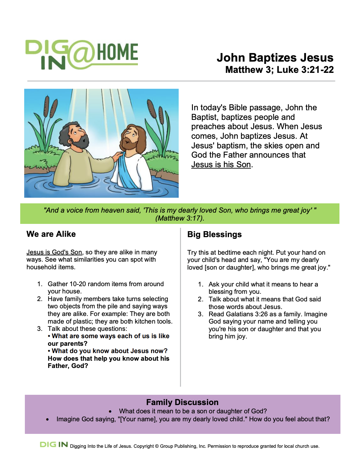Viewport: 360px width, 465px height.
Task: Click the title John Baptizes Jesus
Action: pyautogui.click(x=275, y=58)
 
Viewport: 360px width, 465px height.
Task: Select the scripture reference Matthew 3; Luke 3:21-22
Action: pyautogui.click(x=279, y=70)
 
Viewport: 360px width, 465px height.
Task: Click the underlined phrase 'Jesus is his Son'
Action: pyautogui.click(x=221, y=165)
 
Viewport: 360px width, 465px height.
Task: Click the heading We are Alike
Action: pyautogui.click(x=51, y=234)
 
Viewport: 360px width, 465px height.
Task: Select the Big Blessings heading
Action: pyautogui.click(x=214, y=234)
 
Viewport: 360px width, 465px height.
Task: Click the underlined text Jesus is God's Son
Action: pyautogui.click(x=54, y=252)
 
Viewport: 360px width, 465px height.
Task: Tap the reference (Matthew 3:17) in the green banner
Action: pyautogui.click(x=180, y=218)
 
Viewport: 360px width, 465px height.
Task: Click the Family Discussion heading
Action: pyautogui.click(x=182, y=402)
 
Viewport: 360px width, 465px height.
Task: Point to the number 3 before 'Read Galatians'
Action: pyautogui.click(x=200, y=314)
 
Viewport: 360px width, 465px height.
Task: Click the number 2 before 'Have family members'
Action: pyautogui.click(x=39, y=299)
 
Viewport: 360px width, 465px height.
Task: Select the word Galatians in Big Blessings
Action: pyautogui.click(x=238, y=314)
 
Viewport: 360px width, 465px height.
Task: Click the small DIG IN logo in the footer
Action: pyautogui.click(x=54, y=444)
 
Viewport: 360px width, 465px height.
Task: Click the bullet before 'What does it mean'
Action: pyautogui.click(x=110, y=412)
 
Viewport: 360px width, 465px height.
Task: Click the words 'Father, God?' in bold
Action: pyautogui.click(x=68, y=366)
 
